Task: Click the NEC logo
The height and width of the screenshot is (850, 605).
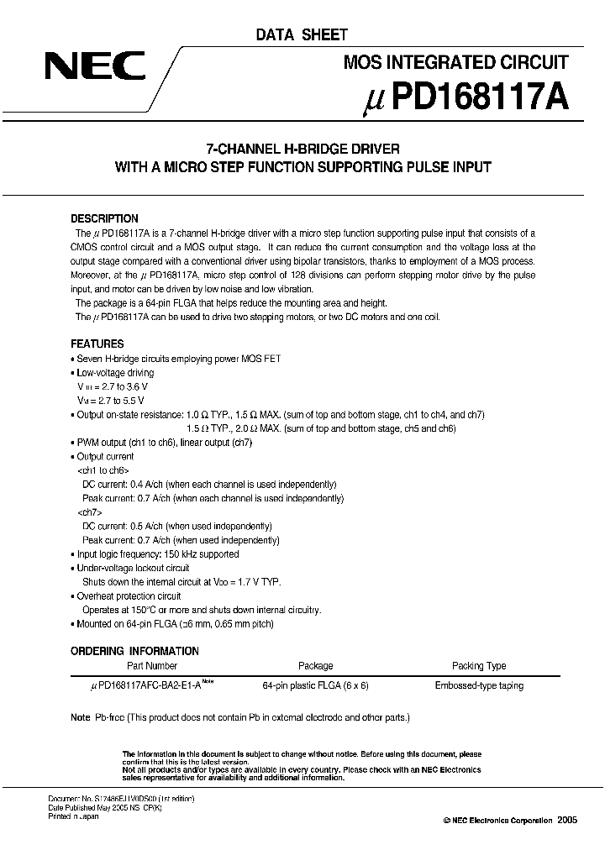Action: [95, 66]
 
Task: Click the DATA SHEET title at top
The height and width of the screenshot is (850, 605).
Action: [302, 35]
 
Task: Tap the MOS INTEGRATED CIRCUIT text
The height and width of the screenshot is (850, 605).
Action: [457, 62]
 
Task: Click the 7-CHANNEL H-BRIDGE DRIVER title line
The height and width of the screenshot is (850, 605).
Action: [302, 149]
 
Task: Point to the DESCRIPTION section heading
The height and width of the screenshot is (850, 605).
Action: [104, 218]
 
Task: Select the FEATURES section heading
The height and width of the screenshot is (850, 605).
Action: [97, 344]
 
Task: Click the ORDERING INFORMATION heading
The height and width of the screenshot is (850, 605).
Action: [134, 651]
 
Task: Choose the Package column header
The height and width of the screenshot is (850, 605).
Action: [315, 666]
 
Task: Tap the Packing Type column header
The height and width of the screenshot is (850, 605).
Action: [479, 666]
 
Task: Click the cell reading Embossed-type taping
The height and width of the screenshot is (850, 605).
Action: [479, 685]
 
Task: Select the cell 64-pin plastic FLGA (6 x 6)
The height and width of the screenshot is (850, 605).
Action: [315, 685]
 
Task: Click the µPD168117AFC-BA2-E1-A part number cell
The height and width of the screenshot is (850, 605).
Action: [151, 685]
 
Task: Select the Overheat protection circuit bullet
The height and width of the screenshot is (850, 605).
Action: [131, 596]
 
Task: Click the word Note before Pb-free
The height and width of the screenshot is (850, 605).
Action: [80, 717]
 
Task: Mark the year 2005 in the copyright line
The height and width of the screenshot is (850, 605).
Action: [567, 820]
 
